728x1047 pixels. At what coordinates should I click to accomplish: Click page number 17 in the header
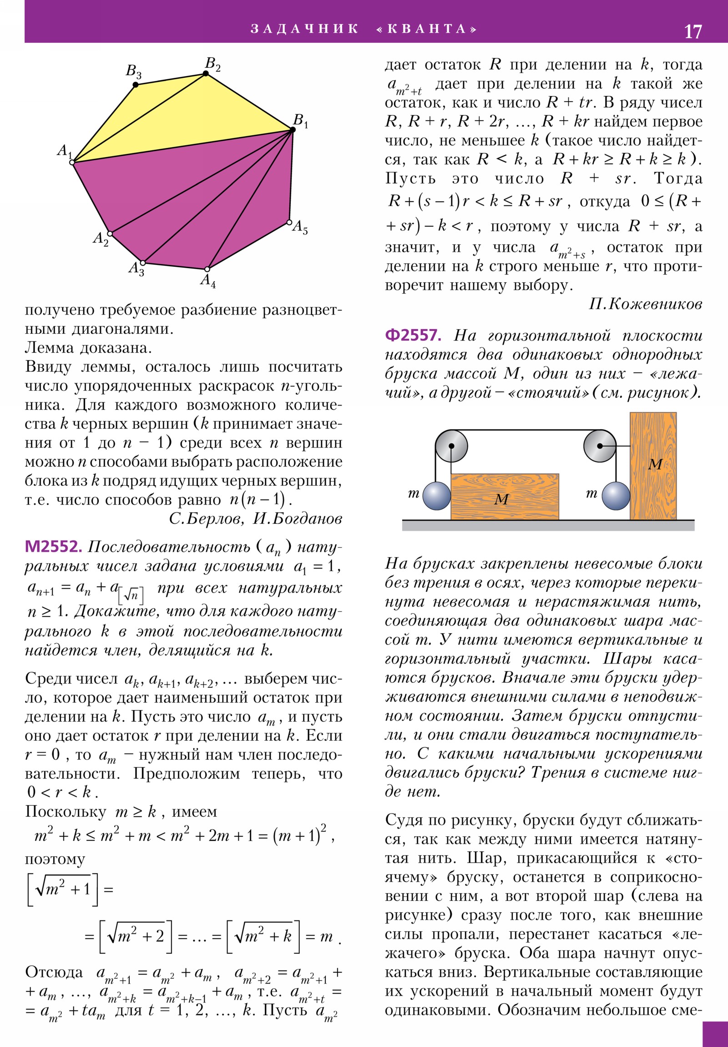tap(693, 31)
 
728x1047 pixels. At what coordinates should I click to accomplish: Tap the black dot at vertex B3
tap(136, 85)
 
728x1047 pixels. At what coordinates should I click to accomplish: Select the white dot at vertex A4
tap(207, 269)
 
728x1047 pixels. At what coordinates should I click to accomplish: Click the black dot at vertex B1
tap(293, 130)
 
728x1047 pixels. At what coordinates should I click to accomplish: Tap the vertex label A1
tap(64, 151)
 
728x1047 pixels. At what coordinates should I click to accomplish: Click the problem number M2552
tap(53, 546)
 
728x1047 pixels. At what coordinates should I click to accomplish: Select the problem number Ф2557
tap(413, 335)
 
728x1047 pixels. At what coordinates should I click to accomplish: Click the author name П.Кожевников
tap(645, 304)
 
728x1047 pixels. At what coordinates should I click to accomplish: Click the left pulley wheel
tap(451, 446)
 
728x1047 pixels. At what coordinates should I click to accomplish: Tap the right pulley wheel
tap(600, 446)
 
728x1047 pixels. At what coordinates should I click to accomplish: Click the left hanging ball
tap(437, 496)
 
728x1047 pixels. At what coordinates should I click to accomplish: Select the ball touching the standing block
tap(616, 496)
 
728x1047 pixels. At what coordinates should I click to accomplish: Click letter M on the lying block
tap(501, 499)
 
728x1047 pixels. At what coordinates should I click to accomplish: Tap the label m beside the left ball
tap(414, 493)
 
